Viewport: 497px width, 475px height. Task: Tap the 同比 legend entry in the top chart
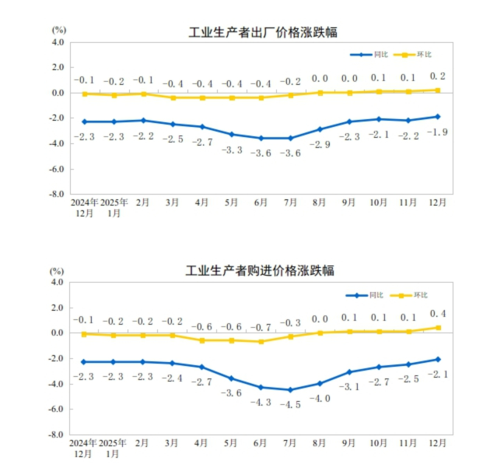pos(371,55)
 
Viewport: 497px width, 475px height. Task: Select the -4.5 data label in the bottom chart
pos(290,404)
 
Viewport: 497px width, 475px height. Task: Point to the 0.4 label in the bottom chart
pos(437,313)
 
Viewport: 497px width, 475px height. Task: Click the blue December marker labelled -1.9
pos(438,117)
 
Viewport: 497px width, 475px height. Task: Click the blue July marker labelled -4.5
pos(290,389)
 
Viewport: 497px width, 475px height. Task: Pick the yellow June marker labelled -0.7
pos(261,341)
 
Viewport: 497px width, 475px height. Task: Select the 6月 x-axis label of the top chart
pos(261,202)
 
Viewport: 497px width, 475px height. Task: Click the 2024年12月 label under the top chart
pos(85,207)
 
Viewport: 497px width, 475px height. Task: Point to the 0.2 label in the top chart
pos(437,76)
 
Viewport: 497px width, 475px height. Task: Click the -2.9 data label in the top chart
pos(320,145)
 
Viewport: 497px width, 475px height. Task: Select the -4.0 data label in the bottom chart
pos(320,398)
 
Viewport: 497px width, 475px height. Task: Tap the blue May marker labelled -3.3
pos(231,134)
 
